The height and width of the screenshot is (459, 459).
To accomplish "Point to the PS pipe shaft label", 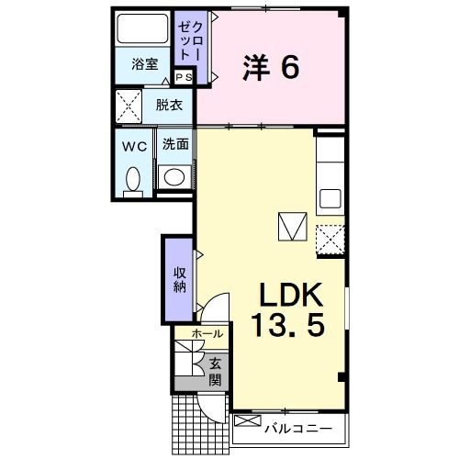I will (x=184, y=77).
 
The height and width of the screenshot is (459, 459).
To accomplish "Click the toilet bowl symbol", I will (x=132, y=178).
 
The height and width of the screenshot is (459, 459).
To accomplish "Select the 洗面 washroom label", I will (x=175, y=144).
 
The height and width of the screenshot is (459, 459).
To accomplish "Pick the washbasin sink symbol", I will (x=173, y=175).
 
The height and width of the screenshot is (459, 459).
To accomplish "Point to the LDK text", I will (x=287, y=296).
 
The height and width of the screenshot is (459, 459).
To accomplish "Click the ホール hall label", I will (x=207, y=335).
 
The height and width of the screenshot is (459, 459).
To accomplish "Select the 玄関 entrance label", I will (x=214, y=370).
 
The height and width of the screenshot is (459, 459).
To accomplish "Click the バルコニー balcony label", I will (x=298, y=427).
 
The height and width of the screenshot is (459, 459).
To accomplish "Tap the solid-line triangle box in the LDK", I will (x=293, y=226).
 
